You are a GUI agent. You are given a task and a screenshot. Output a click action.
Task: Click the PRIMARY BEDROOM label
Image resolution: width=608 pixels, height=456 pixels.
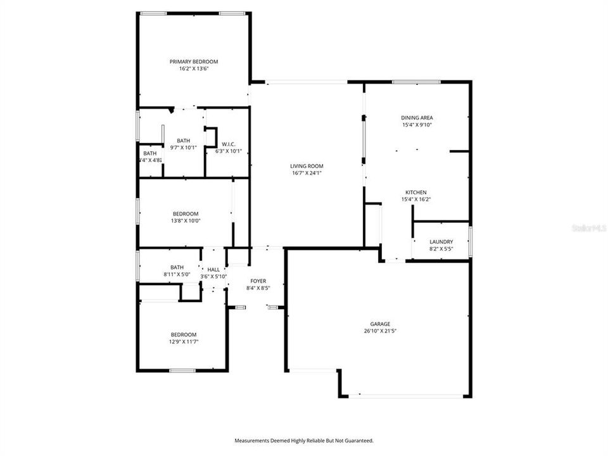pos(193,61)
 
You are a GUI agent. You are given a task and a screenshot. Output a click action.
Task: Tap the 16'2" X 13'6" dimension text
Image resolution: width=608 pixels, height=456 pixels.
pos(193,68)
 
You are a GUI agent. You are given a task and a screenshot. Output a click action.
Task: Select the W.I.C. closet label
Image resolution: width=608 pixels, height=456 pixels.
pos(225,144)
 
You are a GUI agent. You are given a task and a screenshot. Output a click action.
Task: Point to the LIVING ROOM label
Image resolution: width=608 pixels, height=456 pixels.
pos(308,166)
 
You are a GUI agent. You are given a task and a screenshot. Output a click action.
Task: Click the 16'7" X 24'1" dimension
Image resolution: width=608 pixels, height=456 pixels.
pos(308,173)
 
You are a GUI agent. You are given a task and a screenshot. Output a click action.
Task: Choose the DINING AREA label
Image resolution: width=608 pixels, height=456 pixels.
pos(417,117)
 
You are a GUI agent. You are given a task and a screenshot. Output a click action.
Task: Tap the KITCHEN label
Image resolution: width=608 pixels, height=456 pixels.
pos(416,193)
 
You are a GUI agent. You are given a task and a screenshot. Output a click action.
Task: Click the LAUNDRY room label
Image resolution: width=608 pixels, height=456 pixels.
pos(441,242)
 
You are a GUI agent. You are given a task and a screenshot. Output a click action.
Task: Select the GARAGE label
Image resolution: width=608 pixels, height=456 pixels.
pos(381,324)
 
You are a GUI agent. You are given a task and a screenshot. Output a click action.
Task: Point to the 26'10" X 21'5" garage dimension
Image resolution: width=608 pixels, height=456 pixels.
pos(381,331)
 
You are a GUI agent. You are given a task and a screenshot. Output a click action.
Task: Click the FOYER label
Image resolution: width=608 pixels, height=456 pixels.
pos(258,281)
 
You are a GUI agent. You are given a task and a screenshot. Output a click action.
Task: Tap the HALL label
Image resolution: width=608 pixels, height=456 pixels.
pos(213,270)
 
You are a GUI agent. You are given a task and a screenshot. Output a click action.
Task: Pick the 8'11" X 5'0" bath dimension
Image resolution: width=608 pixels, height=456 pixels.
pos(177,274)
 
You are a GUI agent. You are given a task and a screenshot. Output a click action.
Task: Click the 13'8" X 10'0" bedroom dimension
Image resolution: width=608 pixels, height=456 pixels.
pos(186,221)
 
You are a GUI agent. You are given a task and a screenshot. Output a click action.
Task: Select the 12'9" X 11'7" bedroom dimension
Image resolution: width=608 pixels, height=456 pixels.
pos(183,342)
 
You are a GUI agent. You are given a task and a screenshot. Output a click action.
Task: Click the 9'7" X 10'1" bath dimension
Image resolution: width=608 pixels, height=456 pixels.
pos(184,148)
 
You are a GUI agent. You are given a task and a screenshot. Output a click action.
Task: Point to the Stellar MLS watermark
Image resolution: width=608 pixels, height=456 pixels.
pos(588,226)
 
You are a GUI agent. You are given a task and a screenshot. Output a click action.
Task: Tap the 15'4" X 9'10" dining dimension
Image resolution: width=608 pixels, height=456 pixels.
pos(417,125)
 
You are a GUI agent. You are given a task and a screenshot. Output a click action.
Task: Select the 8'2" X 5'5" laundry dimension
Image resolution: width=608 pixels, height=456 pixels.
pos(441,249)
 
